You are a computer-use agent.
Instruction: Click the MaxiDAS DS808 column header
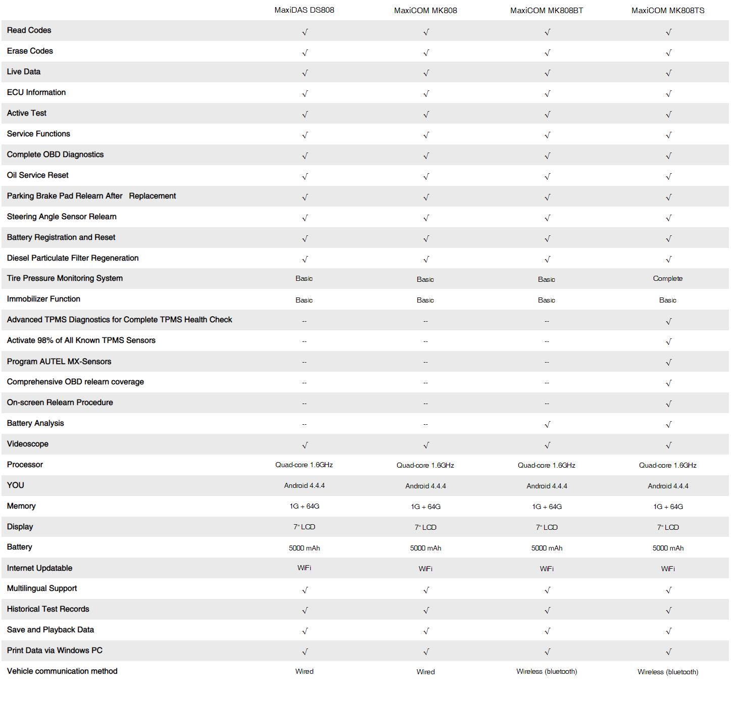point(304,10)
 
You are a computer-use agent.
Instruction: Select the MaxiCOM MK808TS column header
point(667,11)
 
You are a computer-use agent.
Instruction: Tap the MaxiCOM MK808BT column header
point(547,11)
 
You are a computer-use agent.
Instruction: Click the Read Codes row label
point(29,30)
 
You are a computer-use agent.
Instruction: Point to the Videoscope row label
point(28,444)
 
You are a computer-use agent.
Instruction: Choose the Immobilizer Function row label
point(43,299)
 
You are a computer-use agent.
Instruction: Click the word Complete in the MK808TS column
point(667,279)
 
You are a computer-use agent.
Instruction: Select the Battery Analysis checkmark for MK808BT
point(547,425)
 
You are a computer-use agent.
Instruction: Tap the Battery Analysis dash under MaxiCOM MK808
point(425,424)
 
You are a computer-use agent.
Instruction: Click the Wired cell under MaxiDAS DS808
point(304,671)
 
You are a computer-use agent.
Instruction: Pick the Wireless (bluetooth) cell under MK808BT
point(547,671)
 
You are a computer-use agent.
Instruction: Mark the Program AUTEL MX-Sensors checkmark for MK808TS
point(668,363)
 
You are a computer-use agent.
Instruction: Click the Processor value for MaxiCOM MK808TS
point(667,465)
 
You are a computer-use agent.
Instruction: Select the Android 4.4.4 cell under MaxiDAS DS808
point(304,485)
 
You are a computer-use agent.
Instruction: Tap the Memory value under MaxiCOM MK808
point(425,507)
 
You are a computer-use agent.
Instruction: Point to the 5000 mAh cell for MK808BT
point(547,548)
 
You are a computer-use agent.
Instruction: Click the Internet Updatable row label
point(39,568)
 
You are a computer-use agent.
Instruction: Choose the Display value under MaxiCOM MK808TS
point(667,527)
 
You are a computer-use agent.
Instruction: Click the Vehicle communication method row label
point(62,671)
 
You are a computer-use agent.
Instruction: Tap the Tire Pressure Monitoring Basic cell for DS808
point(304,278)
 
